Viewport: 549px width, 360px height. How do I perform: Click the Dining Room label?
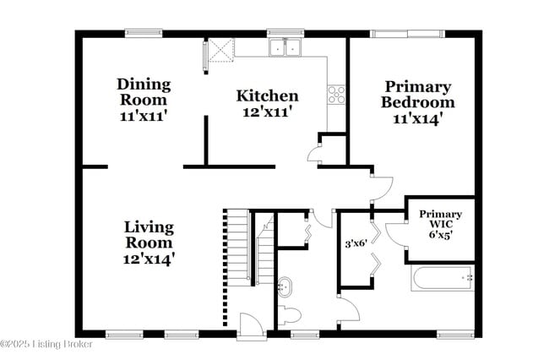pyautogui.click(x=144, y=92)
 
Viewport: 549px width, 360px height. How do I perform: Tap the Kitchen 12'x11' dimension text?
pyautogui.click(x=267, y=111)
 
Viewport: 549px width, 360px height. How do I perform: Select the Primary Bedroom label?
pyautogui.click(x=417, y=95)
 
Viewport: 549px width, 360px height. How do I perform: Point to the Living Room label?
pyautogui.click(x=149, y=235)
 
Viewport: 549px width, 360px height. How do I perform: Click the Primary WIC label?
pyautogui.click(x=440, y=215)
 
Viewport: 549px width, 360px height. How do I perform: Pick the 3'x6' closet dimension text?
pyautogui.click(x=356, y=244)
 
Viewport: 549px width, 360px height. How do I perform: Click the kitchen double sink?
pyautogui.click(x=286, y=47)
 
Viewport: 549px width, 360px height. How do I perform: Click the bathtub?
pyautogui.click(x=442, y=277)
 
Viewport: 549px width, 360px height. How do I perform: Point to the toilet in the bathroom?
pyautogui.click(x=290, y=316)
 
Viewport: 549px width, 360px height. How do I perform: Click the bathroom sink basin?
pyautogui.click(x=286, y=286)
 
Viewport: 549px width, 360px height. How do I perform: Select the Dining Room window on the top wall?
pyautogui.click(x=144, y=34)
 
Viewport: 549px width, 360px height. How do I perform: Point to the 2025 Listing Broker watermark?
pyautogui.click(x=46, y=344)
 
